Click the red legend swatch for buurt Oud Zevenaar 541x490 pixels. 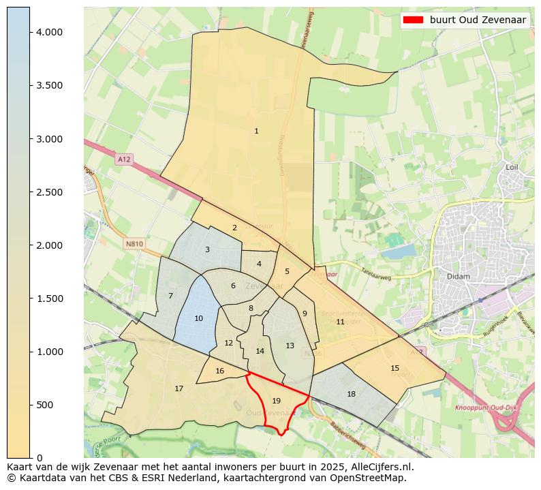413,20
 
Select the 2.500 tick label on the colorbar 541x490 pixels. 49,192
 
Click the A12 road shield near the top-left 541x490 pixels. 123,159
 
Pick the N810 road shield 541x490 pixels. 134,243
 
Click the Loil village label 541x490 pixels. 512,167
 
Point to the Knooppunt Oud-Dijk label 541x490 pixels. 484,408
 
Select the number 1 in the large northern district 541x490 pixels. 256,131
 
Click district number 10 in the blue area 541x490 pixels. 198,318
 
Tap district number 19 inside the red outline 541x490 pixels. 276,401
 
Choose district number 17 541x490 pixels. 179,388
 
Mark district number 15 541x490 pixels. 395,368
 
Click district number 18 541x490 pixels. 351,394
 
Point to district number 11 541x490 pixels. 340,322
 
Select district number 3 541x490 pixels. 207,249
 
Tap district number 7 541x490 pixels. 170,296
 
